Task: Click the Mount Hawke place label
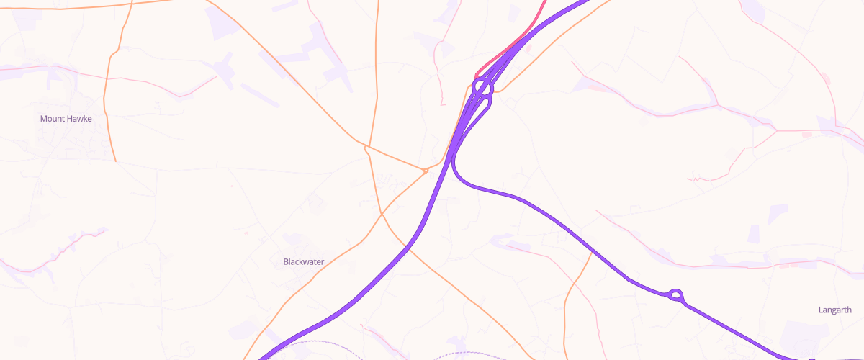tap(66, 119)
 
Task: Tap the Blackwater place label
tap(304, 262)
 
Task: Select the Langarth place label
tap(835, 310)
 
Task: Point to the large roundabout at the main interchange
tap(482, 88)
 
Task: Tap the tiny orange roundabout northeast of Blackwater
tap(426, 171)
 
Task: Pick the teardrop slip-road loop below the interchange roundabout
tap(484, 105)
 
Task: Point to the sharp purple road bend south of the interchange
tap(456, 169)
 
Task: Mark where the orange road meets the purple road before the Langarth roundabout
tap(592, 254)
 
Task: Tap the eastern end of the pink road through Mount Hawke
tap(216, 77)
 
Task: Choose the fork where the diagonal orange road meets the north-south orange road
tap(366, 146)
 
